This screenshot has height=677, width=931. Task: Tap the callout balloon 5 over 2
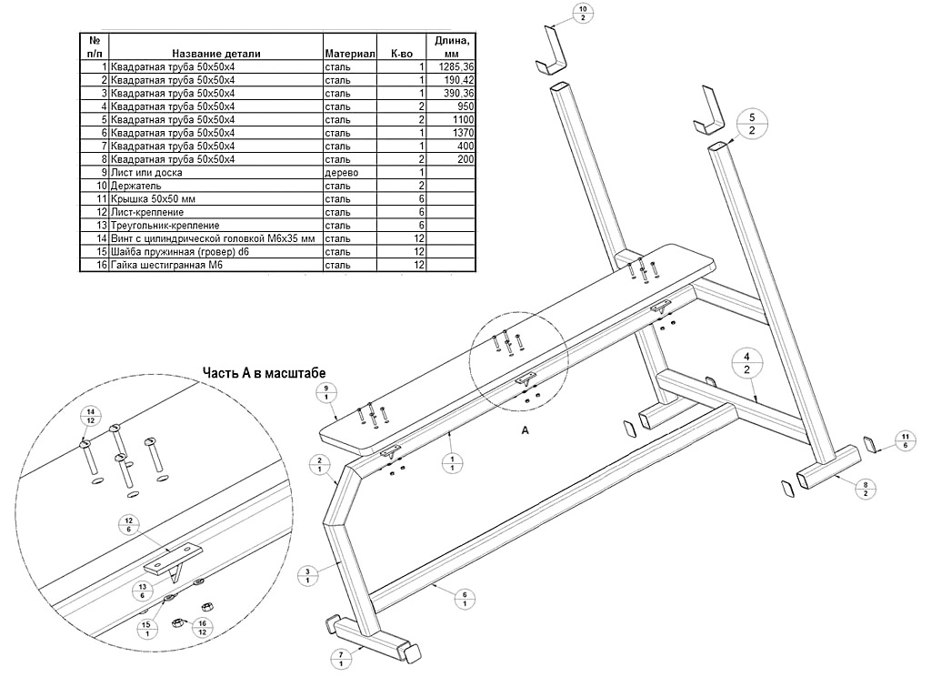point(752,125)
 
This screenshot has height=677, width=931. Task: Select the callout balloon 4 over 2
point(746,361)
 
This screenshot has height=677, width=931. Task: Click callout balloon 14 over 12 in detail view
point(89,416)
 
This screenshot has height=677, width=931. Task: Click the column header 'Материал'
point(350,54)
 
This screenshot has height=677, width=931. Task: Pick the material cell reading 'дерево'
point(342,172)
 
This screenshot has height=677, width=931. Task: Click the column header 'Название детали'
point(215,54)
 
